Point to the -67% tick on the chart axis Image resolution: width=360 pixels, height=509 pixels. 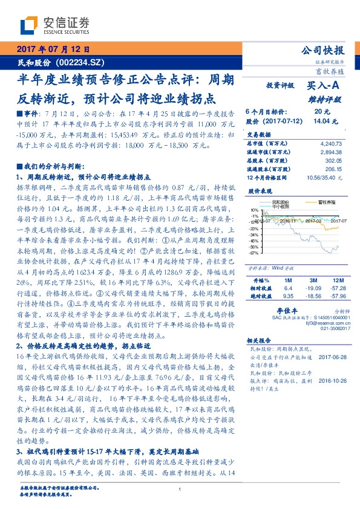pyautogui.click(x=254, y=253)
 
